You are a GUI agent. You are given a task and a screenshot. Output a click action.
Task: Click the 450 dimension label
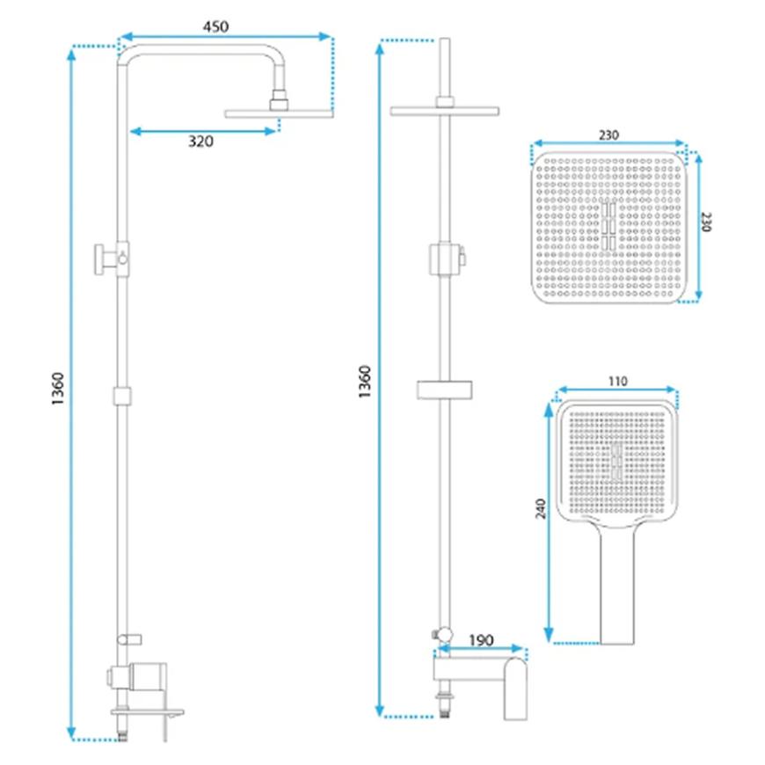click(x=215, y=26)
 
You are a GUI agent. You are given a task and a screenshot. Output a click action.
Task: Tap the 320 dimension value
click(x=200, y=142)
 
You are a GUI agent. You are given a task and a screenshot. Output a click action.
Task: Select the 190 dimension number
click(x=481, y=640)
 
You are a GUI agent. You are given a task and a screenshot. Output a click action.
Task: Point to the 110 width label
click(x=617, y=381)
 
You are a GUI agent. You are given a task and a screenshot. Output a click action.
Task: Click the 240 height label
click(x=541, y=508)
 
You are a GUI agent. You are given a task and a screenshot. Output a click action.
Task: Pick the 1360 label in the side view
click(x=57, y=389)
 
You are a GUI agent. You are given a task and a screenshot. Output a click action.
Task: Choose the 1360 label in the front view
click(x=364, y=382)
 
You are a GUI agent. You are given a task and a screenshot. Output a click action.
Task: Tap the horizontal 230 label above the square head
click(x=608, y=135)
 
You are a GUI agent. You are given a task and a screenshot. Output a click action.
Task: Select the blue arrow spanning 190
click(x=481, y=648)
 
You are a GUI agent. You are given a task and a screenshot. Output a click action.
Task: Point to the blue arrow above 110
click(x=617, y=390)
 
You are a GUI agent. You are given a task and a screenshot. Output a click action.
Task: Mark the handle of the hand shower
click(x=617, y=585)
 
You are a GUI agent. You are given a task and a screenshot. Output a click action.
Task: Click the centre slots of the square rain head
click(x=608, y=226)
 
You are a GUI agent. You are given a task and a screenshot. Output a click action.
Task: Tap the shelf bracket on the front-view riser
click(x=444, y=390)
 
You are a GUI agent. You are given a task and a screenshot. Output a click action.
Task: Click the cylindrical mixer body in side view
click(x=148, y=676)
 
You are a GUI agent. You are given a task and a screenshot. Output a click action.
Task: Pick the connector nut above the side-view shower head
click(x=279, y=100)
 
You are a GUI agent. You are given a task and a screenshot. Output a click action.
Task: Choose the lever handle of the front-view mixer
click(x=515, y=688)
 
